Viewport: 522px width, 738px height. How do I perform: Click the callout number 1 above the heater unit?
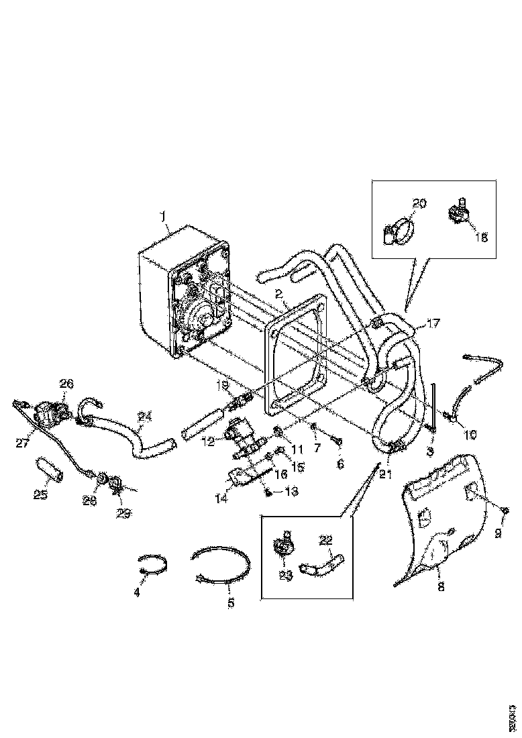click(162, 216)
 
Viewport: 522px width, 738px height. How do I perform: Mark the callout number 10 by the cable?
click(470, 435)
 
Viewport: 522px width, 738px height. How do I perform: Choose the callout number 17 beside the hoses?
click(433, 323)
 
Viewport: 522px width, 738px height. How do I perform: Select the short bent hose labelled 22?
click(322, 559)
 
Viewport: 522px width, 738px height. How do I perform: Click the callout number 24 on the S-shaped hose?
click(144, 417)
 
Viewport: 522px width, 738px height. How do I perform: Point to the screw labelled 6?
click(337, 441)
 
